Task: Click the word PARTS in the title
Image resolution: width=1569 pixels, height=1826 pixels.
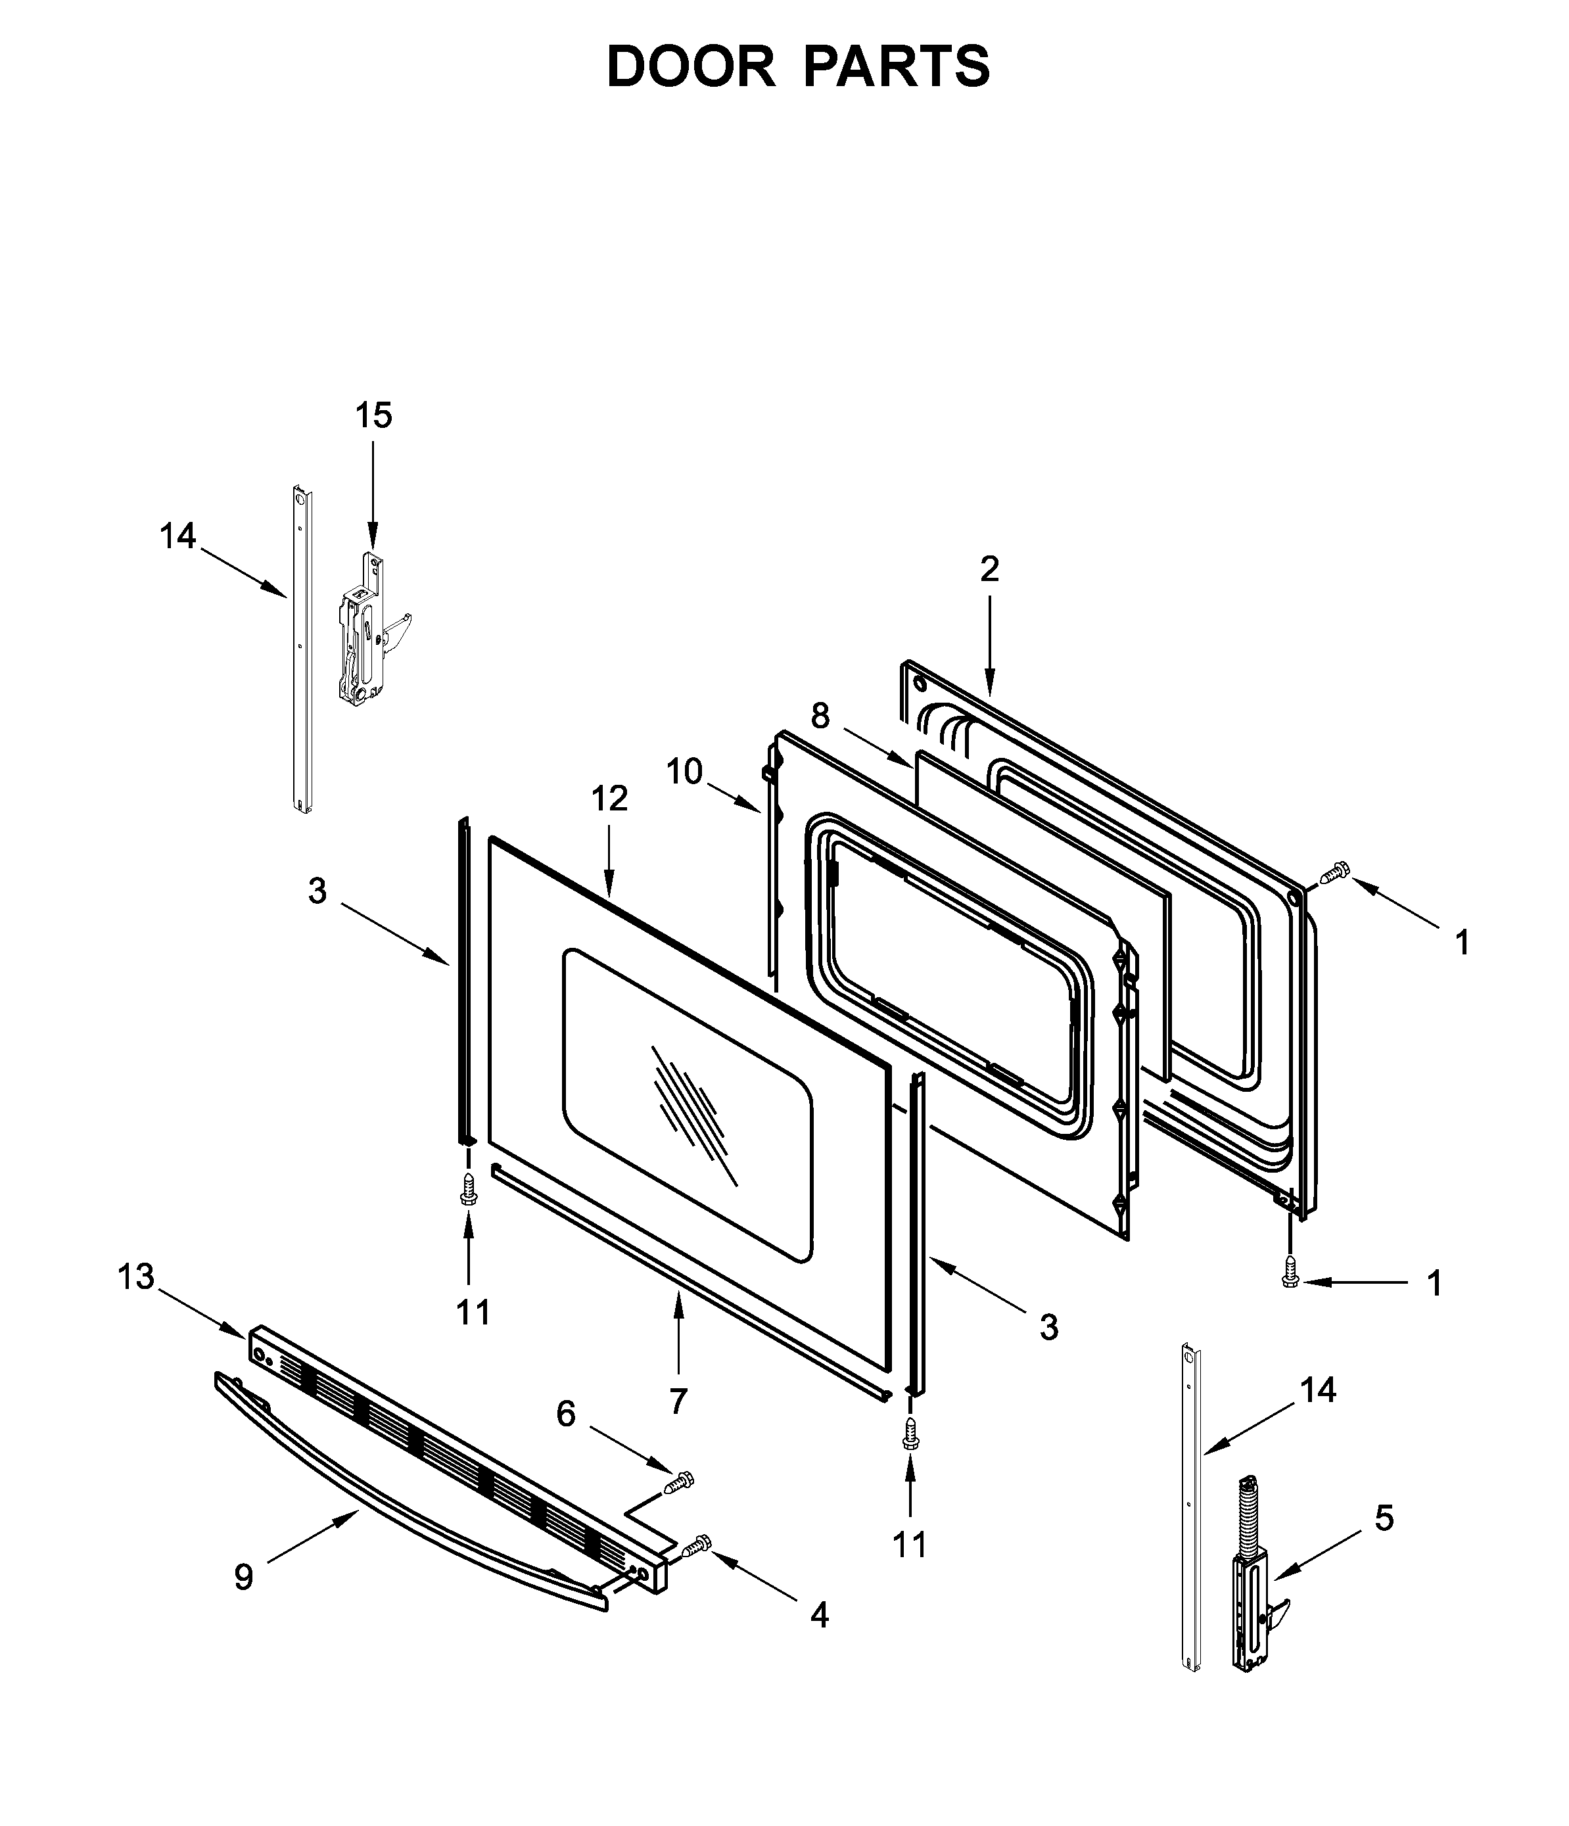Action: coord(897,67)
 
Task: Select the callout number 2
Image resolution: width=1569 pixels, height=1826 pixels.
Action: coord(989,569)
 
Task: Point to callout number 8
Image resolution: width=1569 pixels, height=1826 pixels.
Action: coord(820,716)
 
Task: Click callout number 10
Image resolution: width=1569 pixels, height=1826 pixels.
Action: coord(684,771)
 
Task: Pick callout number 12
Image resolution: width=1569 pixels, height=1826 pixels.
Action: coord(609,799)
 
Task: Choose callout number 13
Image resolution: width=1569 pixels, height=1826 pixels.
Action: coord(136,1277)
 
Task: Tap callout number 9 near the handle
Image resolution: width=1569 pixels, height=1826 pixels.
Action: coord(243,1577)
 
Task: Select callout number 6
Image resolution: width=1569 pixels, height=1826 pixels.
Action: coord(566,1414)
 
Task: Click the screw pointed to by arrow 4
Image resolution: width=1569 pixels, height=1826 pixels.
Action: coord(697,1544)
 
